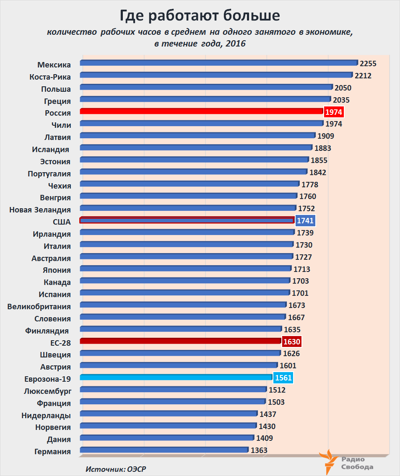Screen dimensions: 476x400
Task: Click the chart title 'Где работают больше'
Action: pyautogui.click(x=200, y=16)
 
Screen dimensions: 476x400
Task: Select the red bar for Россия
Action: pyautogui.click(x=201, y=111)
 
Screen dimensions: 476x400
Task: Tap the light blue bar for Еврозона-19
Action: pyautogui.click(x=176, y=377)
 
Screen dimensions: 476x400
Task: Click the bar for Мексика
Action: pyautogui.click(x=218, y=63)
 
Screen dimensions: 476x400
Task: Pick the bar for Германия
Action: pyautogui.click(x=164, y=450)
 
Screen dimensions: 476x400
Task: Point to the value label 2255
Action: pyautogui.click(x=368, y=64)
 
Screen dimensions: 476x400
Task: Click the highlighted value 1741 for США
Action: pyautogui.click(x=305, y=221)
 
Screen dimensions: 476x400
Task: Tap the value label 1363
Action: pyautogui.click(x=259, y=451)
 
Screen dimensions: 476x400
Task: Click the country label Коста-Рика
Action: pyautogui.click(x=50, y=77)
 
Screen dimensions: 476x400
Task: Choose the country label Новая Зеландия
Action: pyautogui.click(x=40, y=210)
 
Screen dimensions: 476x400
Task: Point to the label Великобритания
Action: pyautogui.click(x=39, y=306)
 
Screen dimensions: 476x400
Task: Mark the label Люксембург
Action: pyautogui.click(x=47, y=391)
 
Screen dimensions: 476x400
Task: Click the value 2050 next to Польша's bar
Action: pyautogui.click(x=343, y=88)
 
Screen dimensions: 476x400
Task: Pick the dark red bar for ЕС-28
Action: pyautogui.click(x=180, y=341)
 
